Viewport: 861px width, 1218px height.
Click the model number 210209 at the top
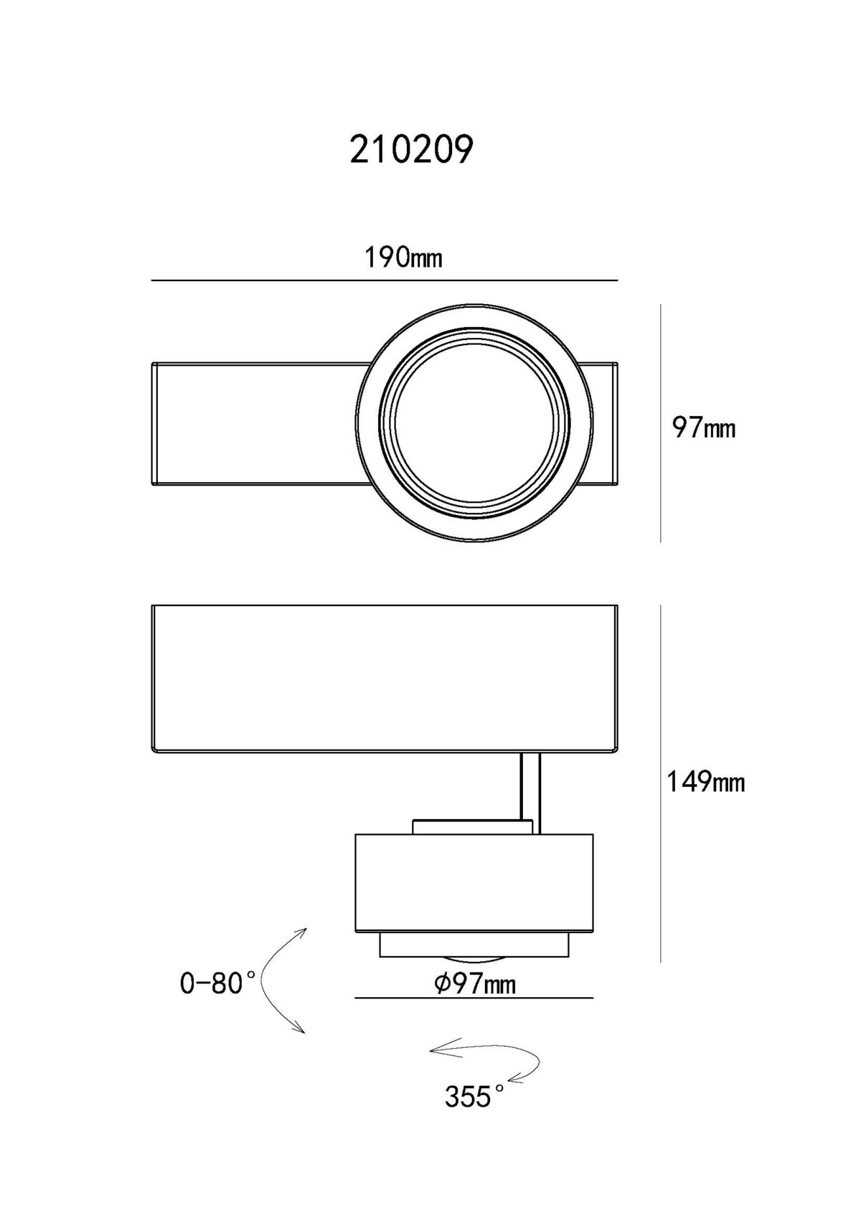411,149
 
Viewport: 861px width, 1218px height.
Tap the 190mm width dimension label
403,258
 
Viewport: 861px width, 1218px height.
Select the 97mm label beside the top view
704,428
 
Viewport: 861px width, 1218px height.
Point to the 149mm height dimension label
705,782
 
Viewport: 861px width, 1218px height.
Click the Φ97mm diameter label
475,983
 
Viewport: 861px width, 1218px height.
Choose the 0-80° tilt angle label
217,983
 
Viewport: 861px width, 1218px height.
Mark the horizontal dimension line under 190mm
385,280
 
